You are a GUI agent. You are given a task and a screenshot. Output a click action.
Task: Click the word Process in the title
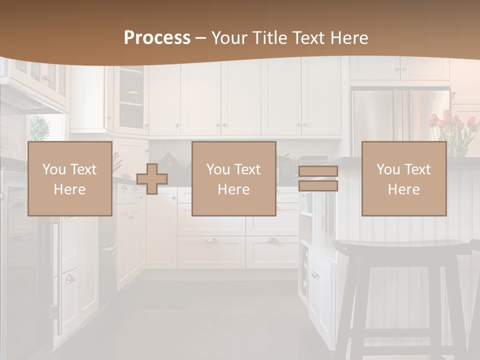(157, 38)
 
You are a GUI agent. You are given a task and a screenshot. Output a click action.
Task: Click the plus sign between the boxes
(152, 179)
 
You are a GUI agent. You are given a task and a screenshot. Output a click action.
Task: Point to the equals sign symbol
(318, 178)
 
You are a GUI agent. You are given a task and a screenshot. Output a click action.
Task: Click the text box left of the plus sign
(69, 178)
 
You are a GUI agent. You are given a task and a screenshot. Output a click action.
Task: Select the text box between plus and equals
(233, 178)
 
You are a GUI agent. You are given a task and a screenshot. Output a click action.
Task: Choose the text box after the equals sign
(403, 178)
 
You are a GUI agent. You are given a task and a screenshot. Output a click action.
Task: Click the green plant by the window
(40, 128)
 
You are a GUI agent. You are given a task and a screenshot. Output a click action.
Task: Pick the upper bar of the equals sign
(318, 171)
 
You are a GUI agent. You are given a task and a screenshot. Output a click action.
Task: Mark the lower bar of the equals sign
(318, 186)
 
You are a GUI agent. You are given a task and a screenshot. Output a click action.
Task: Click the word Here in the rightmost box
(403, 189)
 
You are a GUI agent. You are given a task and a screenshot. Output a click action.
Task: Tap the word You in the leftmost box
(54, 169)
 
